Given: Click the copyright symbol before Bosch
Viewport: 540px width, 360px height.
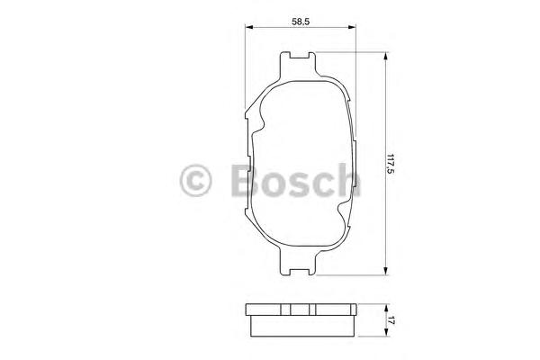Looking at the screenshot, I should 195,181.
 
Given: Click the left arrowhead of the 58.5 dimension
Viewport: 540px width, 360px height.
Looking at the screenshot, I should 249,29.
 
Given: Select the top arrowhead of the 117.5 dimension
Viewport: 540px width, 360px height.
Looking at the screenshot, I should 386,56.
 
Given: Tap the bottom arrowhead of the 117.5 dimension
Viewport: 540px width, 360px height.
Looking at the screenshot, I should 386,269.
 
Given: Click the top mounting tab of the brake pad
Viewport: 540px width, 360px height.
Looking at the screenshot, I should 300,64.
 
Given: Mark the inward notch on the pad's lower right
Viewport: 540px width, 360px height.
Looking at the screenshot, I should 340,216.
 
